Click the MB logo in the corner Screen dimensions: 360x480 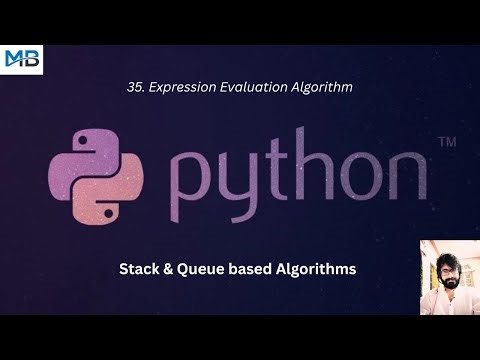tap(22, 59)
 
